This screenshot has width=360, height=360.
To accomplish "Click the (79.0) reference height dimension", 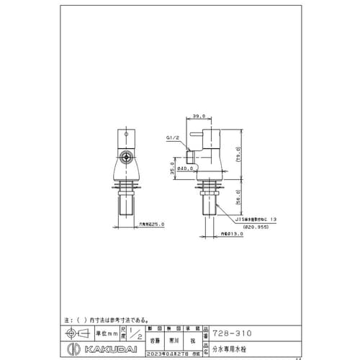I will click(238, 156).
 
